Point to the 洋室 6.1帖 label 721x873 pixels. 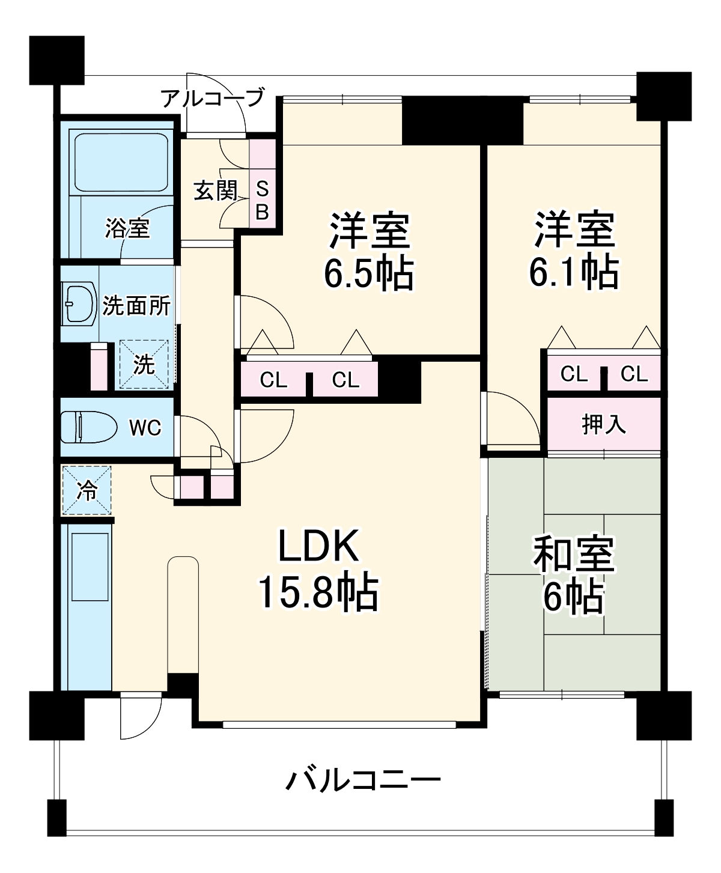coord(574,249)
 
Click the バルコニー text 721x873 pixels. coord(363,781)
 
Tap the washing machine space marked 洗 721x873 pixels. coord(144,364)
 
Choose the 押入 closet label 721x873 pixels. coord(603,424)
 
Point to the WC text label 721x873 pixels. coord(146,428)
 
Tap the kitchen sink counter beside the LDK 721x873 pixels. coord(89,607)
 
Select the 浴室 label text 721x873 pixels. coord(127,228)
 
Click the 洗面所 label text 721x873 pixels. coord(136,306)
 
